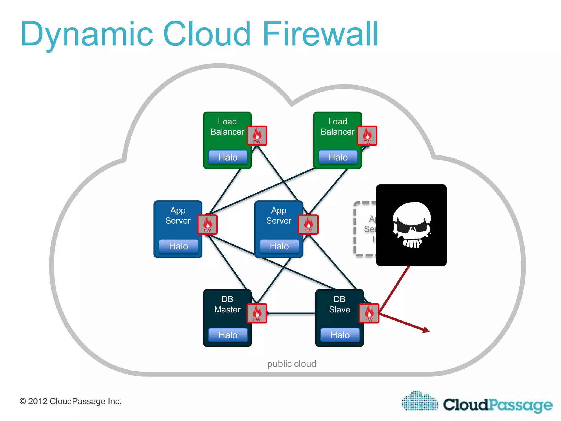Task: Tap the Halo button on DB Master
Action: click(x=228, y=335)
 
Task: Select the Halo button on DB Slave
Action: click(x=340, y=335)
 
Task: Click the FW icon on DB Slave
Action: click(x=369, y=313)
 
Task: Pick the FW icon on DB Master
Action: click(x=257, y=313)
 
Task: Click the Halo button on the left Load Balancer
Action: click(x=228, y=157)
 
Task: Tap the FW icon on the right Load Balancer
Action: click(x=367, y=135)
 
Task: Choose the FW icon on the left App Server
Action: click(x=207, y=224)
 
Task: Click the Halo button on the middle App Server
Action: click(x=279, y=246)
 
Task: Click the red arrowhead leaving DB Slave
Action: click(x=426, y=330)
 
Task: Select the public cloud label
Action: click(x=291, y=364)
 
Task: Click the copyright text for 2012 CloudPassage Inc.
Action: click(x=70, y=401)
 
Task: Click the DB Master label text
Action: click(x=227, y=304)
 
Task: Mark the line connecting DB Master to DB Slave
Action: click(x=291, y=313)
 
